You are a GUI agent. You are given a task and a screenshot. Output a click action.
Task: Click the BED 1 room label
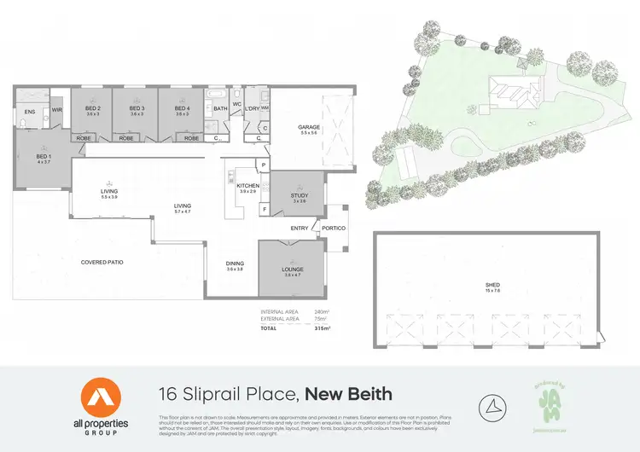pos(43,157)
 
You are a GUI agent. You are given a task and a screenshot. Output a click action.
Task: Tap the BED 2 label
pos(93,108)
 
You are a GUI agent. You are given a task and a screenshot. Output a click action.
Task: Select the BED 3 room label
pos(137,108)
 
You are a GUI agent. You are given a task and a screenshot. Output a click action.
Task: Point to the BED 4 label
pos(181,108)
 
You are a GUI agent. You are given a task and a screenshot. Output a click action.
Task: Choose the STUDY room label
pos(299,195)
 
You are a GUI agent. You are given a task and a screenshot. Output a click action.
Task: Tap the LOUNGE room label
pos(293,269)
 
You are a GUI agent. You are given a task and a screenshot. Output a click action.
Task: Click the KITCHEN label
pos(247,185)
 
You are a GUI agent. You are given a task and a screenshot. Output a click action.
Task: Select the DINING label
pos(235,264)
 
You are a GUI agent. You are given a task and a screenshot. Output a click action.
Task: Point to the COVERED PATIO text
pos(102,262)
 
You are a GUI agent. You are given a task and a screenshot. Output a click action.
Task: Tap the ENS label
pos(29,112)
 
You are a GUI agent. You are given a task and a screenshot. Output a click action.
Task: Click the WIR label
pos(57,110)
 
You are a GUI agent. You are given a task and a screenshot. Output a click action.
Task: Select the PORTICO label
pos(334,228)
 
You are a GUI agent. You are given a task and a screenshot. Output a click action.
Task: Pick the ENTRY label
pos(300,228)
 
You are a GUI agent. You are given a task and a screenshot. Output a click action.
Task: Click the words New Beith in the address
pos(348,393)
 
